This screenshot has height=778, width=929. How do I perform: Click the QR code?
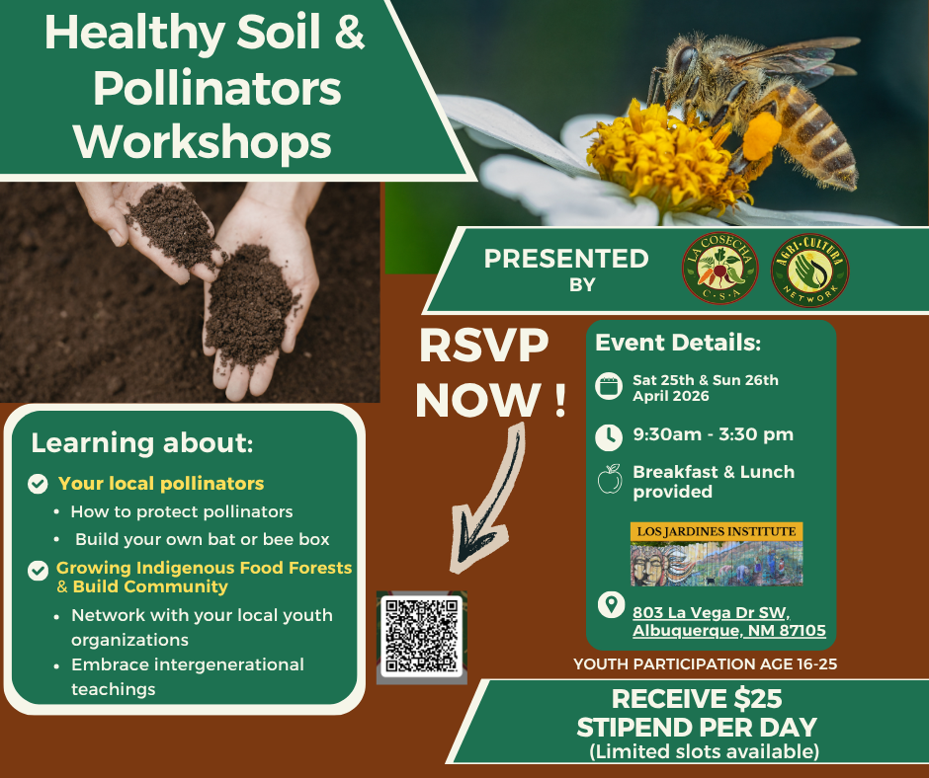tap(421, 636)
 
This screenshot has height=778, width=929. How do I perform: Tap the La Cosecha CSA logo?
tap(719, 269)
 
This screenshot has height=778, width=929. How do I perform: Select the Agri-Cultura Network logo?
tap(810, 270)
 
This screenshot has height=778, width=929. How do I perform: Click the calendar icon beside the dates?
tap(609, 387)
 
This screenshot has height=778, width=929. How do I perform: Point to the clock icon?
tap(609, 437)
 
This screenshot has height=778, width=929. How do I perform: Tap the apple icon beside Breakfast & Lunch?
tap(610, 479)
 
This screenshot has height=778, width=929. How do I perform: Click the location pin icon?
tap(611, 604)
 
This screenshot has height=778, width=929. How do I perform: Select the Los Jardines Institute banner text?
tap(717, 531)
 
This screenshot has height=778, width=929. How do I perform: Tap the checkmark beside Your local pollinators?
tap(38, 484)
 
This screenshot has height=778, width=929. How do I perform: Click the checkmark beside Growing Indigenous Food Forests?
tap(38, 571)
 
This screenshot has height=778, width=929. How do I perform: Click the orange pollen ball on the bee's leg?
tap(761, 137)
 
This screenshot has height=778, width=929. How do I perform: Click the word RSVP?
tap(483, 347)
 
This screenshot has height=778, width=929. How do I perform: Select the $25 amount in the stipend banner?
tap(758, 699)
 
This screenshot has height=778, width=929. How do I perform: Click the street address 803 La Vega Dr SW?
tap(712, 613)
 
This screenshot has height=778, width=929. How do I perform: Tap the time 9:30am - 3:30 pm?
tap(713, 434)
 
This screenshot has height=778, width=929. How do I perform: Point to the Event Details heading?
tap(678, 343)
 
